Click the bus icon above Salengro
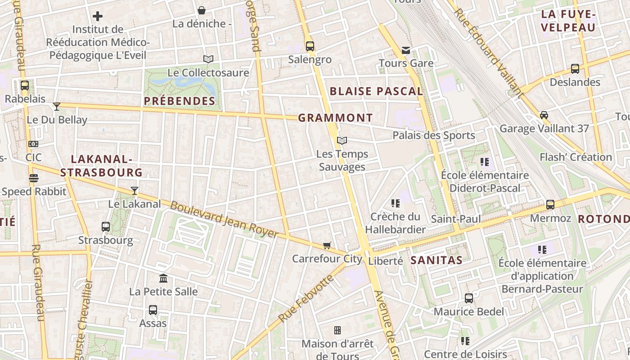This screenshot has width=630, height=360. click(310, 46)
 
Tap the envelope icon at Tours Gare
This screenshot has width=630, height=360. click(406, 50)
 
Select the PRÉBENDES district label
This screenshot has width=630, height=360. click(180, 101)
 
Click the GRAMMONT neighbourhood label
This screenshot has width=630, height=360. click(335, 118)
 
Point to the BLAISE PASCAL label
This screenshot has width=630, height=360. click(376, 91)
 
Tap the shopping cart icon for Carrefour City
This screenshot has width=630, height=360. click(327, 246)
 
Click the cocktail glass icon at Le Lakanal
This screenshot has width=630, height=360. click(134, 191)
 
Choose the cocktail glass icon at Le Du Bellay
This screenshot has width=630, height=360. click(57, 107)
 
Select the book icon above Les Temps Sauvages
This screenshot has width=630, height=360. click(342, 141)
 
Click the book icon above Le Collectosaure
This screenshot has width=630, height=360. click(208, 59)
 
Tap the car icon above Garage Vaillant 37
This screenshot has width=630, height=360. click(544, 115)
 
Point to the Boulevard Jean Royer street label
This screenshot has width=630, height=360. click(224, 220)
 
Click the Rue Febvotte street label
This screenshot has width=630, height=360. click(306, 298)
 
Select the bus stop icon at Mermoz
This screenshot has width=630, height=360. click(550, 205)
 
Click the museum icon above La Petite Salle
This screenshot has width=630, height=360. click(163, 279)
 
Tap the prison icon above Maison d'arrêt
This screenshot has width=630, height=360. click(337, 331)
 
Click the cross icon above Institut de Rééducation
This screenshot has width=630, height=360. click(98, 17)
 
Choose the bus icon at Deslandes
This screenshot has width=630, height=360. click(575, 69)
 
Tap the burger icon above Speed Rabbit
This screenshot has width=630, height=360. click(34, 178)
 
